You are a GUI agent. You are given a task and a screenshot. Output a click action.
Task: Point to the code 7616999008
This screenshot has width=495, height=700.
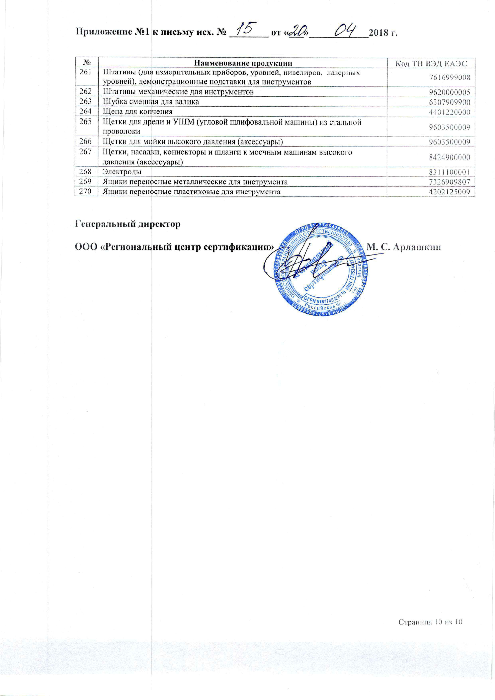(x=452, y=77)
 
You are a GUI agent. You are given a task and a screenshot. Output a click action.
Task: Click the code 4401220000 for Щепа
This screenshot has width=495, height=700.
(x=452, y=112)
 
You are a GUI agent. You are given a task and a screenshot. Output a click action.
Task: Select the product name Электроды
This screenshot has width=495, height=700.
(x=122, y=172)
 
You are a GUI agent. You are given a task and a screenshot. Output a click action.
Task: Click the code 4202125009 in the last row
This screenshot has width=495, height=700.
(x=452, y=192)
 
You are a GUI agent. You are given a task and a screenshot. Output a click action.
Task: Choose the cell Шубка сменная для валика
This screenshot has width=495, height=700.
(x=151, y=102)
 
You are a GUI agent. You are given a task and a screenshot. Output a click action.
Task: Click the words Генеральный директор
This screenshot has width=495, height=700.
(x=128, y=224)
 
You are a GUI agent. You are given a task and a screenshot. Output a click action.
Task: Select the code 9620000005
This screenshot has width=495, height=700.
(x=452, y=92)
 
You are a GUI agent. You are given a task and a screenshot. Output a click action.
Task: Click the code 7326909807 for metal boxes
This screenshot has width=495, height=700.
(x=452, y=182)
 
